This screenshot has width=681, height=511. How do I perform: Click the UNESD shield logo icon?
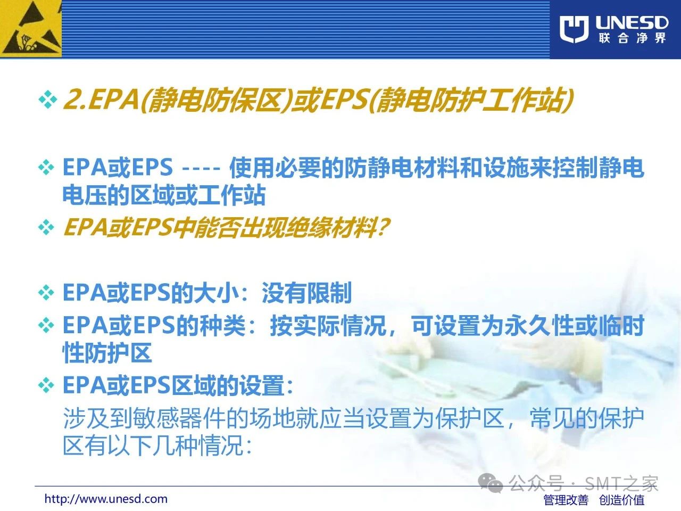[x=574, y=29]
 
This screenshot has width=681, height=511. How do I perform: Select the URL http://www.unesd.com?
[x=106, y=499]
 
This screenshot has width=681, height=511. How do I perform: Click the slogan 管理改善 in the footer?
[x=566, y=500]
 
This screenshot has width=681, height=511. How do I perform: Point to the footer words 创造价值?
[x=622, y=500]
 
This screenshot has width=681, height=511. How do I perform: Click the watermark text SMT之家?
[x=621, y=483]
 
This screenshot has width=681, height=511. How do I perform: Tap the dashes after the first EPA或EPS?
[x=201, y=169]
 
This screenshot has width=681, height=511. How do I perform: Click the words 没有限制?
[x=306, y=293]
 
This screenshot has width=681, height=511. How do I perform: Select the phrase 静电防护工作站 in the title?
[x=471, y=100]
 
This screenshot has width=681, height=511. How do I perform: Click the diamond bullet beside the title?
[x=48, y=100]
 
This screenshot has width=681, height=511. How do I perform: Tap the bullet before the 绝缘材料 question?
[x=46, y=227]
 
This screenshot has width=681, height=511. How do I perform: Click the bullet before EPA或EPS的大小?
[x=46, y=293]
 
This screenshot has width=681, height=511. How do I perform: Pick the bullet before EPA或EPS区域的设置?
[x=46, y=385]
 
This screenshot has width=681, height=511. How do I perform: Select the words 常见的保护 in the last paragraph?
[x=586, y=418]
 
